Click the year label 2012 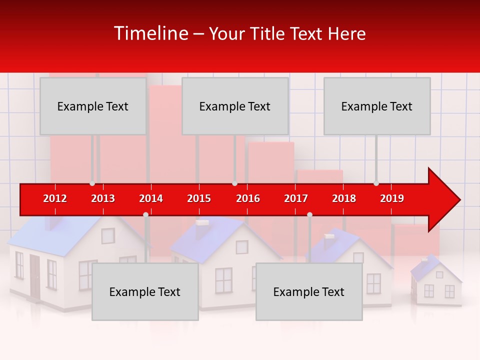(x=55, y=198)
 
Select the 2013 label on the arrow (x=103, y=198)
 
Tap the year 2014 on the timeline (x=151, y=198)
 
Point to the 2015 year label (x=199, y=198)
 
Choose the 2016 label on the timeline (x=248, y=198)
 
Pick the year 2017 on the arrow (x=296, y=198)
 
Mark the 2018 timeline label (x=344, y=198)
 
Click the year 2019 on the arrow (x=392, y=198)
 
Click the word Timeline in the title (x=150, y=33)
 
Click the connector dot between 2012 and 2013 (x=92, y=183)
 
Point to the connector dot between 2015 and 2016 (x=234, y=183)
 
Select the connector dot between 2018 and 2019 (x=376, y=183)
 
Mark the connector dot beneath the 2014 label (x=145, y=215)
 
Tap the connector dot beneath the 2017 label (x=309, y=215)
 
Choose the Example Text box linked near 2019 (x=377, y=106)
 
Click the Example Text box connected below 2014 (x=145, y=292)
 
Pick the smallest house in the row (x=436, y=282)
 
